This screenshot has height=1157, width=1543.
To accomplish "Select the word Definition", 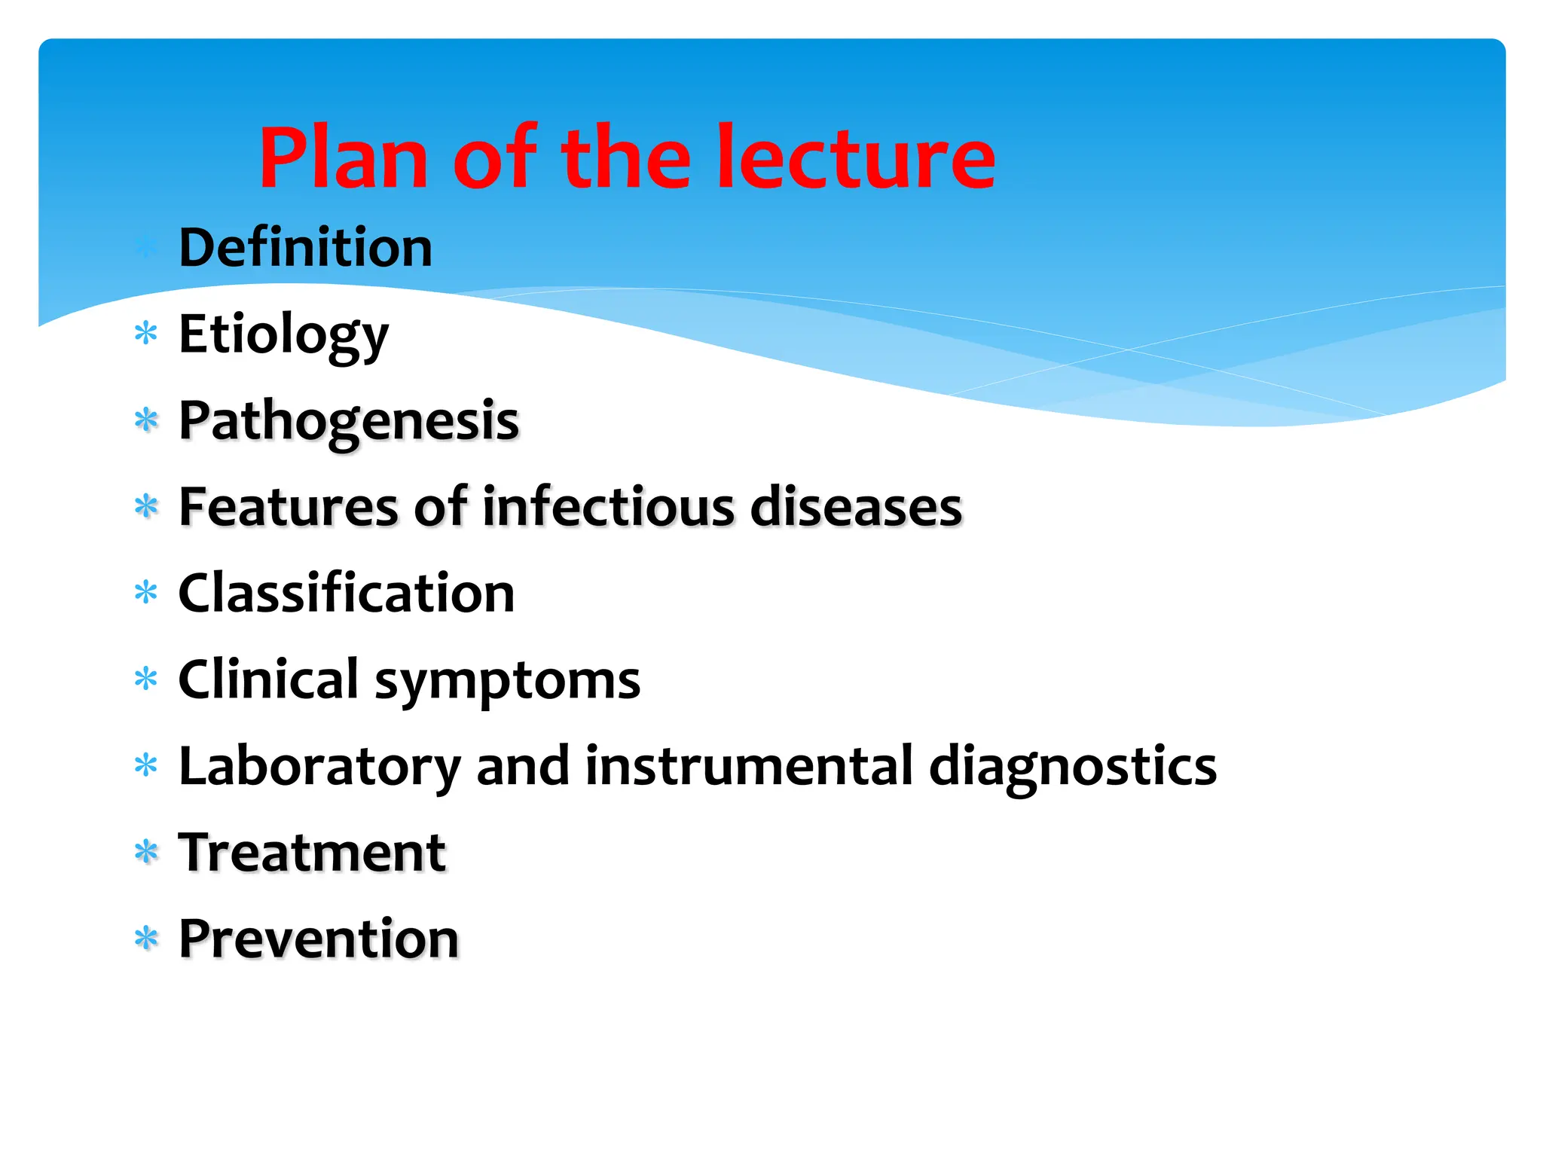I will pos(305,249).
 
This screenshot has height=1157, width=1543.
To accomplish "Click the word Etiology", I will pos(283,335).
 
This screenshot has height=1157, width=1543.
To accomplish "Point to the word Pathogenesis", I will pos(349,422).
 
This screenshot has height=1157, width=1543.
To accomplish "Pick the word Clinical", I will pos(268,679).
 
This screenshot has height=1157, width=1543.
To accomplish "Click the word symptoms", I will pos(507,682).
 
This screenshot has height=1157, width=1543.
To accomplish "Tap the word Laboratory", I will pos(319,767).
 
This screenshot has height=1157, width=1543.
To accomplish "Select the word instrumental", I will pos(749,767).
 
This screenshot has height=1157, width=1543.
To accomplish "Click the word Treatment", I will pos(312,853).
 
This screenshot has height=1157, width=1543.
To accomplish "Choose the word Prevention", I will pos(318,940).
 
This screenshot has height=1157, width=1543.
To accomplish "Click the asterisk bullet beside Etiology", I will pos(145,333).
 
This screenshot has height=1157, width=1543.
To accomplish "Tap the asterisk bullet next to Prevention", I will pos(145,939).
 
